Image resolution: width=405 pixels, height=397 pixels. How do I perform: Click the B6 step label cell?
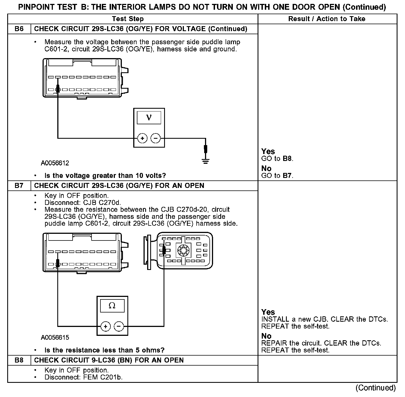coord(19,29)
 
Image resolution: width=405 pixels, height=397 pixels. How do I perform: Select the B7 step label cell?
coord(19,185)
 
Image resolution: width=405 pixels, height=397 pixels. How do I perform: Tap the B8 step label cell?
coord(19,360)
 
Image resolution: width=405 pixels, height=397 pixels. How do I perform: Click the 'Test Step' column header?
coord(128,19)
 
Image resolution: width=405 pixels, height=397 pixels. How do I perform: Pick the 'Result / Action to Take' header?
coord(327,19)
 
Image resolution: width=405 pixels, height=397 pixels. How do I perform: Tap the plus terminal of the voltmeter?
coord(142,138)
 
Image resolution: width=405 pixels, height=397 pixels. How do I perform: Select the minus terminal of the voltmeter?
coord(155,138)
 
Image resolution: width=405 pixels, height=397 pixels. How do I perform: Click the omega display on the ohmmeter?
coord(112,306)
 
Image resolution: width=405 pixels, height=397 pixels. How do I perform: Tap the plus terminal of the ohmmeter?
coord(106,326)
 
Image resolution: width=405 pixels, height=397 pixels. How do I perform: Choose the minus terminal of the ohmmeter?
coord(119,326)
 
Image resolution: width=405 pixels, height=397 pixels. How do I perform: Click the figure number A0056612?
coord(55,163)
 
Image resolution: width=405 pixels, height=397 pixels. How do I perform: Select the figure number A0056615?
coord(55,338)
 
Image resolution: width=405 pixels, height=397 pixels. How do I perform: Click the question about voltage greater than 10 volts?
coord(105,176)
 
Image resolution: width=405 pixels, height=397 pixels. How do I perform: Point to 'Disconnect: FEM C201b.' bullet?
coord(83,377)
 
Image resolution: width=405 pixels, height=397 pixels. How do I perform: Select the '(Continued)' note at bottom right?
coord(376,388)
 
